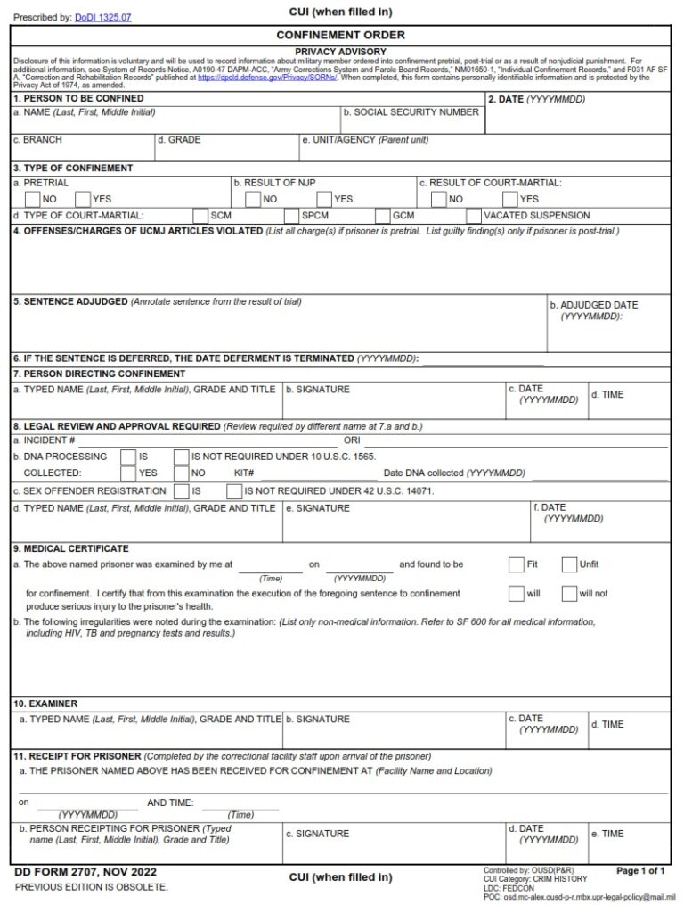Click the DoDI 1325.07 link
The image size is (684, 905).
coord(102,17)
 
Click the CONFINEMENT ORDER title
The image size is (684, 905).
coord(341,35)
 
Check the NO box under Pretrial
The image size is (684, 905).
coord(32,199)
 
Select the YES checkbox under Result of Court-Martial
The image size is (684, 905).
coord(510,199)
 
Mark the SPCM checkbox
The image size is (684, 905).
coord(291,215)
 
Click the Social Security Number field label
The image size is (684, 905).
coord(411,112)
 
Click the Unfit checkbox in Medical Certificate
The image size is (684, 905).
coord(569,564)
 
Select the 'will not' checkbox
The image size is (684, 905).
coord(569,593)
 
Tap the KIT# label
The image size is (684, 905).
coord(245,473)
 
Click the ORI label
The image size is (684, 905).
coord(352,440)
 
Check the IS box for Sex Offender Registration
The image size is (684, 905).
coord(181,490)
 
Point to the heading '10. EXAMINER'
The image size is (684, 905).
coord(45,703)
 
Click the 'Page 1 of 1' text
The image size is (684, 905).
coord(640,870)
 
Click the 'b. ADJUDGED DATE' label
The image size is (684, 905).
coord(598,305)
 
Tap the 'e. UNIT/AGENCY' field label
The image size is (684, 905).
coord(365,140)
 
